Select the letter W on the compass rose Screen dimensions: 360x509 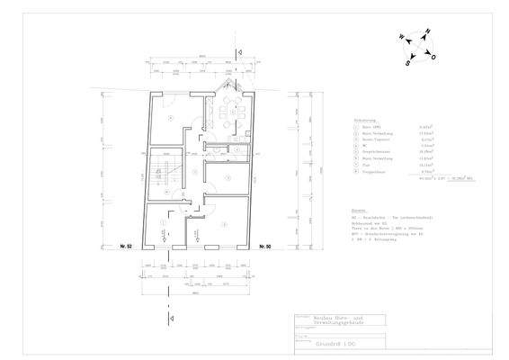tap(392, 39)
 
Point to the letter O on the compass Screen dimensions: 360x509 tap(434, 57)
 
